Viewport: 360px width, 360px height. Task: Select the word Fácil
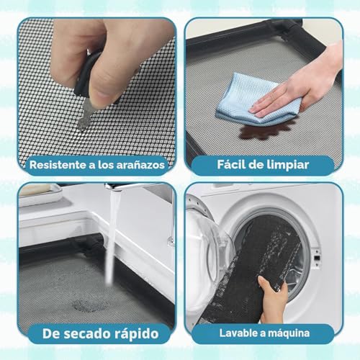point(230,164)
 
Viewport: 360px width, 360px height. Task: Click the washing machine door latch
point(317,258)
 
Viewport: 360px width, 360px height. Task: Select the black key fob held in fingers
point(85,74)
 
